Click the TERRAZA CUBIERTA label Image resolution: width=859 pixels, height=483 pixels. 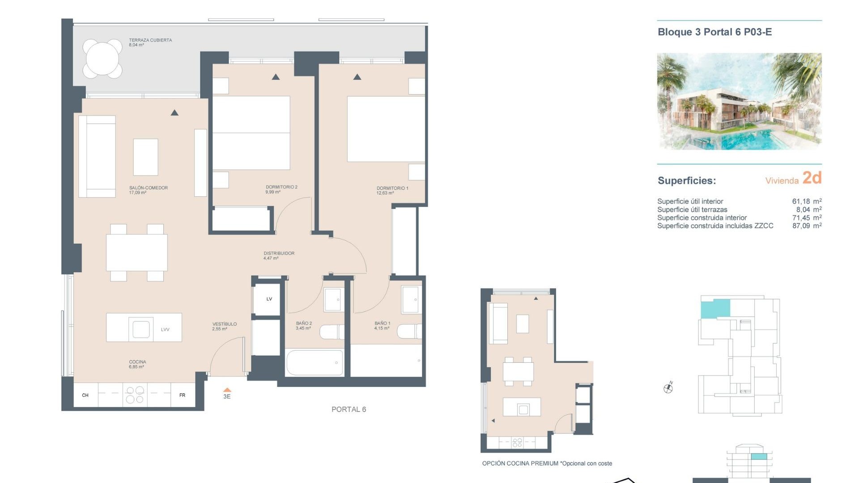pyautogui.click(x=150, y=40)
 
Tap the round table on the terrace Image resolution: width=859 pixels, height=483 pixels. pyautogui.click(x=102, y=59)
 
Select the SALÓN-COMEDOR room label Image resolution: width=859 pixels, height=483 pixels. pyautogui.click(x=148, y=188)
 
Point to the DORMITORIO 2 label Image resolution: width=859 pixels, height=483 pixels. pyautogui.click(x=281, y=187)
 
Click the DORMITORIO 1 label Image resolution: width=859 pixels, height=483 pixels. pyautogui.click(x=392, y=188)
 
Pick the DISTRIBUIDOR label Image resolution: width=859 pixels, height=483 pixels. pyautogui.click(x=279, y=253)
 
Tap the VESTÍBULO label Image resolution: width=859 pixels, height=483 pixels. pyautogui.click(x=225, y=324)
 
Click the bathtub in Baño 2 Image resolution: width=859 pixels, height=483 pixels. pyautogui.click(x=315, y=362)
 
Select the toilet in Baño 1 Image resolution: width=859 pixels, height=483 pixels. pyautogui.click(x=409, y=331)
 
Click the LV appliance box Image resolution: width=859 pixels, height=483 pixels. pyautogui.click(x=269, y=299)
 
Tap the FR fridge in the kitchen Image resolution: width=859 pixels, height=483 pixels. pyautogui.click(x=183, y=395)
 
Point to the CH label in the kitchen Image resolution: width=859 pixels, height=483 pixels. pyautogui.click(x=85, y=395)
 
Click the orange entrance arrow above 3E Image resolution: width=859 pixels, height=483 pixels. pyautogui.click(x=227, y=390)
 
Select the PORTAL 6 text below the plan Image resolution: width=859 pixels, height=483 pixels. pyautogui.click(x=349, y=409)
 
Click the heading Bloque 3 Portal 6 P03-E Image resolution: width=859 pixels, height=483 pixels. pyautogui.click(x=714, y=32)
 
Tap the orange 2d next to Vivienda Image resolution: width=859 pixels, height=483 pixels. pyautogui.click(x=812, y=178)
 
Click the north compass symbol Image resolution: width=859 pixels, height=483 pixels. pyautogui.click(x=668, y=388)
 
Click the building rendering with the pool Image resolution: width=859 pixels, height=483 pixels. pyautogui.click(x=739, y=101)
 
